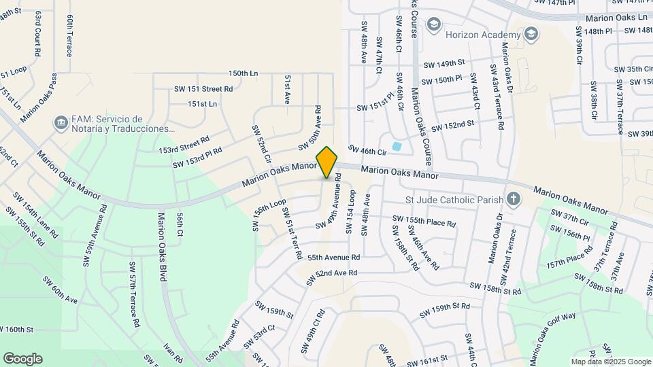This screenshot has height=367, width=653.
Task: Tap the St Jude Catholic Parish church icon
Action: point(513,200)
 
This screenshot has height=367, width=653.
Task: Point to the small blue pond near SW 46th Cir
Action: point(396,146)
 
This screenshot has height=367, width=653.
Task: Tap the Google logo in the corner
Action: point(22,359)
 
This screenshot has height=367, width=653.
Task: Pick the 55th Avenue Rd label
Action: point(333,258)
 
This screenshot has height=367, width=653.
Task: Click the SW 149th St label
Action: point(443,64)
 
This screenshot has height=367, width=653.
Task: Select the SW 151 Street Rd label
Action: point(203,88)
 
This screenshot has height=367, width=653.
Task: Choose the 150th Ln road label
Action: point(244,73)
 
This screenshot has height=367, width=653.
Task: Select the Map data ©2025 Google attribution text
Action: point(610,362)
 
